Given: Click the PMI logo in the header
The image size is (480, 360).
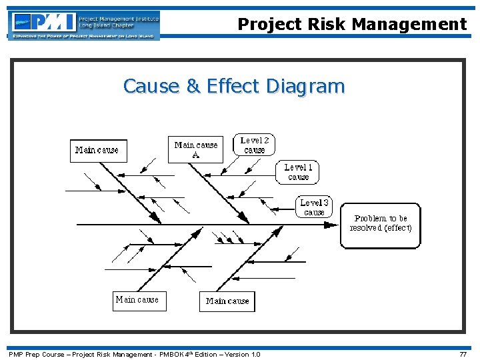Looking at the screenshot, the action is (44, 22).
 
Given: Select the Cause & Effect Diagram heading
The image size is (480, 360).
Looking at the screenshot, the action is (234, 86).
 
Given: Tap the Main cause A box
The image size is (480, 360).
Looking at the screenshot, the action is (196, 149).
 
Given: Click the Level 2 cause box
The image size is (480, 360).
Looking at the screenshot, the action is (254, 145).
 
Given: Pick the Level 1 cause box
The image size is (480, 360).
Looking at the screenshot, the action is (297, 172).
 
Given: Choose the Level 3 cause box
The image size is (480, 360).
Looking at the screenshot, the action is (313, 207).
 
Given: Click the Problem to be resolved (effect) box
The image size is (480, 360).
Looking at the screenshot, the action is (381, 225).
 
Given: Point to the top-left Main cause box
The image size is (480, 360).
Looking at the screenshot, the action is (98, 150).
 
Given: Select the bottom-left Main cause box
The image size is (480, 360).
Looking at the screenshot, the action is (138, 300).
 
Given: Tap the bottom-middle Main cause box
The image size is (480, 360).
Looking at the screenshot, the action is (227, 301).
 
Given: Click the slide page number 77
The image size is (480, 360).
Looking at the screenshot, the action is (463, 355).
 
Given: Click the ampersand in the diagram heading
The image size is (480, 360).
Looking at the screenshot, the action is (192, 86).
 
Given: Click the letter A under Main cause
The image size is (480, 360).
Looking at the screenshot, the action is (195, 155).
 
